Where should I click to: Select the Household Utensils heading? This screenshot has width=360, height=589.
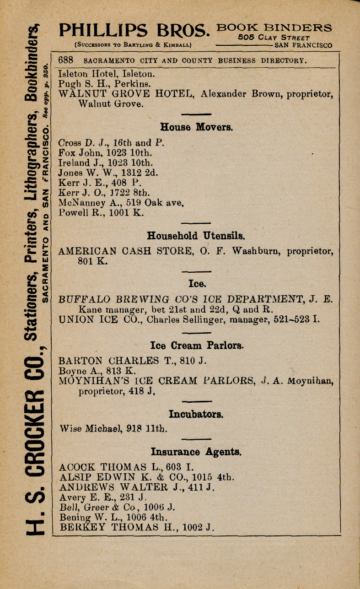pos(196,236)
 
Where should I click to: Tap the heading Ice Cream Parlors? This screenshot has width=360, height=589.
pos(197,345)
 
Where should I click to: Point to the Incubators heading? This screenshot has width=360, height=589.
pos(196,415)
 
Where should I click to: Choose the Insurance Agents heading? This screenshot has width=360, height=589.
pos(196,452)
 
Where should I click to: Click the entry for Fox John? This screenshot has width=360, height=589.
pos(106,152)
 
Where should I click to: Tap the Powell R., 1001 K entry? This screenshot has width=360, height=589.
pos(102,213)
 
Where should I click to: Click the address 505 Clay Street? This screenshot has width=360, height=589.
pos(274,38)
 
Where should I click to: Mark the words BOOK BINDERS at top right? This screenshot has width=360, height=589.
pos(274,27)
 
